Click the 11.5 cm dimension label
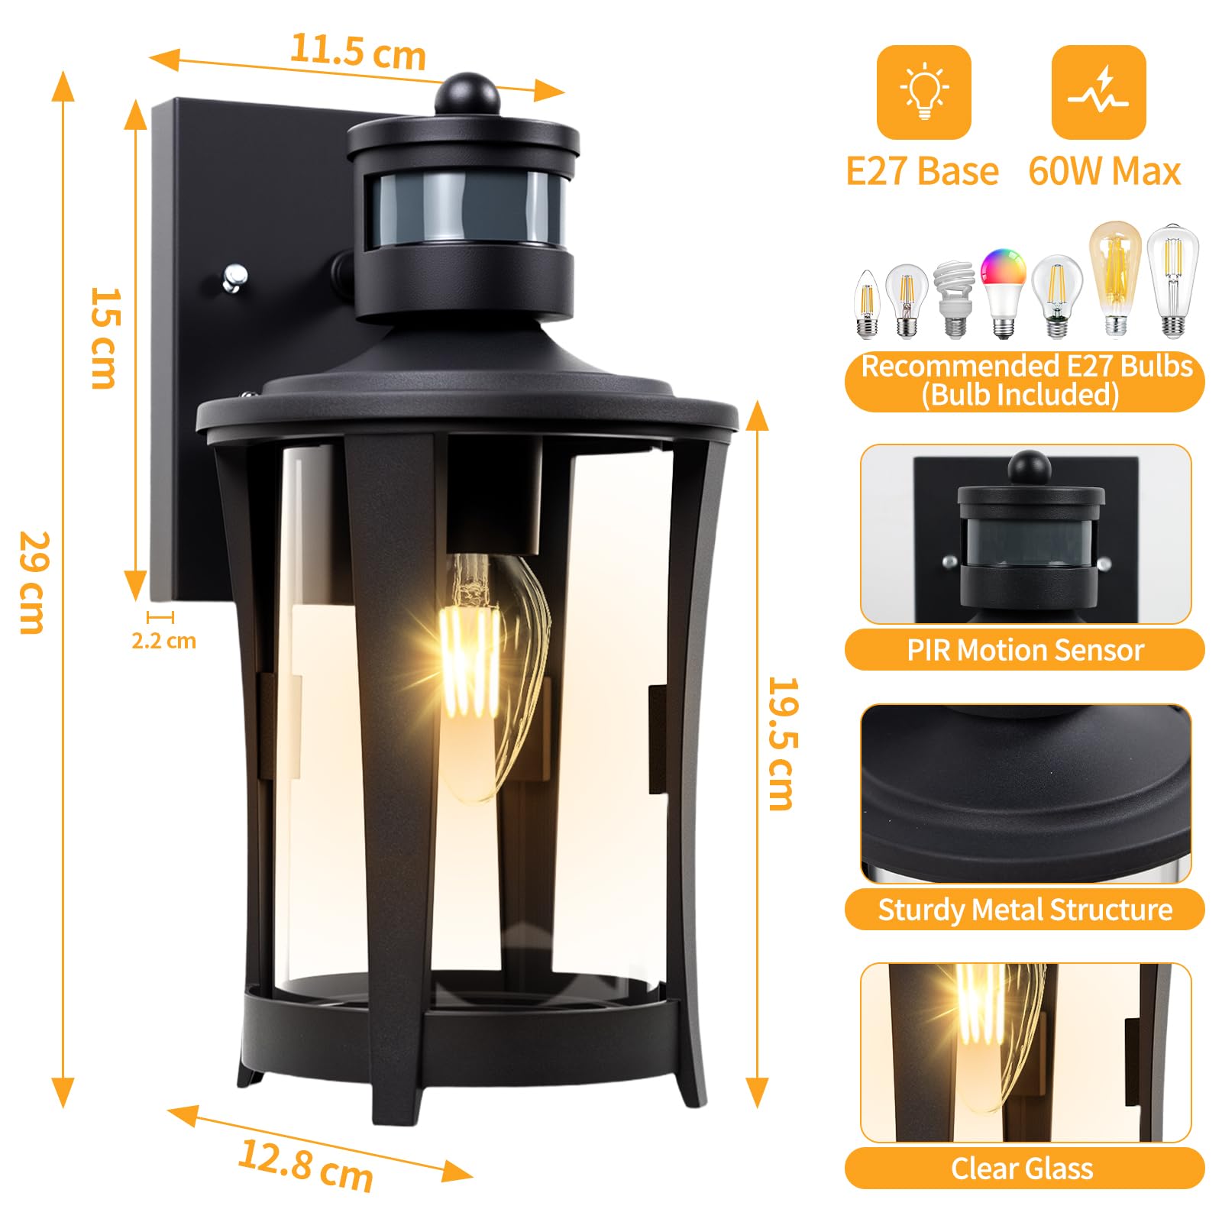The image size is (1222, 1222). point(357,52)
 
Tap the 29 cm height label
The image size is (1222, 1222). point(33,583)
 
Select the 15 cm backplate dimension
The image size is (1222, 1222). point(105,338)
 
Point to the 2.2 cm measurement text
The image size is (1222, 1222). point(163,640)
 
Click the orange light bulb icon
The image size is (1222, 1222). point(923,92)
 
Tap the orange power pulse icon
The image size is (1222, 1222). point(1098,92)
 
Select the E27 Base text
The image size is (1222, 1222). point(922,171)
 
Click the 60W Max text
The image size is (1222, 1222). point(1104,171)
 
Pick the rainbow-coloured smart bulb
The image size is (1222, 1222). point(1004,293)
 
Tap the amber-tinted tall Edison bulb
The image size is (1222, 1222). point(1115,278)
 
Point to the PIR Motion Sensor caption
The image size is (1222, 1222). point(1025,650)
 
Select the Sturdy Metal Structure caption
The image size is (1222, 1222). point(1025,910)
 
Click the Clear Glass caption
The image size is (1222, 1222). point(1022,1169)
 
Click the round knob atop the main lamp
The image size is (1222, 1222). point(467,93)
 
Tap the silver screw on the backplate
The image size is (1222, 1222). point(234,277)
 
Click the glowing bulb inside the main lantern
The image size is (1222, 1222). point(489,676)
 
